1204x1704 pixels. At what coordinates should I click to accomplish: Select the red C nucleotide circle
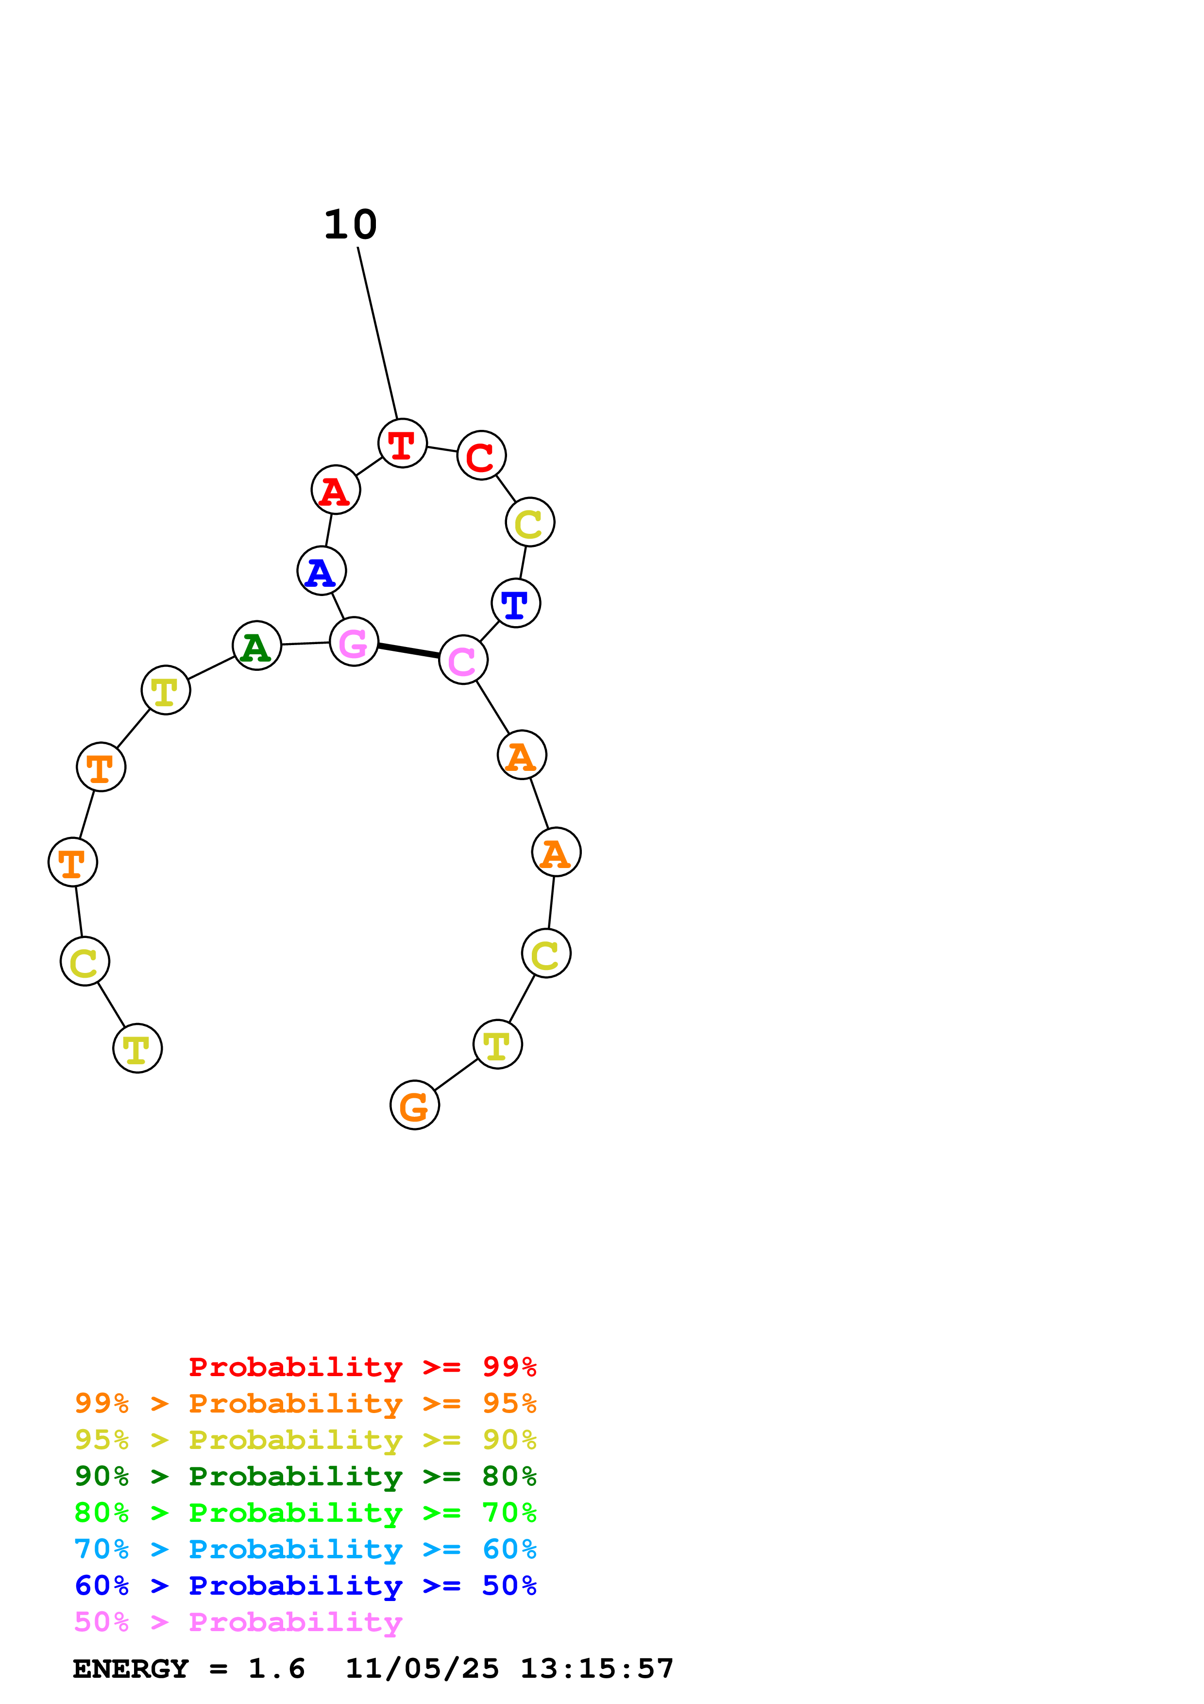click(x=481, y=455)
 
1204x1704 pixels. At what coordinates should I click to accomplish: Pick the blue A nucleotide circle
click(x=321, y=571)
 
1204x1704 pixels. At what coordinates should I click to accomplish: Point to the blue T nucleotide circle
click(x=516, y=603)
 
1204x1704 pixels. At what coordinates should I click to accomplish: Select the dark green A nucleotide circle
click(x=256, y=646)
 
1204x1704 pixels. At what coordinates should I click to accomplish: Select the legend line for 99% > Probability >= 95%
click(x=305, y=1403)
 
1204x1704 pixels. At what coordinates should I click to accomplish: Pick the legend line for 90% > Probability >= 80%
click(x=305, y=1476)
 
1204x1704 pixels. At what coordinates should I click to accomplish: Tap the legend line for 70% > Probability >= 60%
click(x=305, y=1549)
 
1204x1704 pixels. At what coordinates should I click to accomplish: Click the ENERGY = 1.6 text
click(x=188, y=1669)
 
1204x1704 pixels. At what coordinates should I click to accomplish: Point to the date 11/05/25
click(x=422, y=1669)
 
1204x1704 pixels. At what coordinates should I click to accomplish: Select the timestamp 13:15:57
click(x=596, y=1669)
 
